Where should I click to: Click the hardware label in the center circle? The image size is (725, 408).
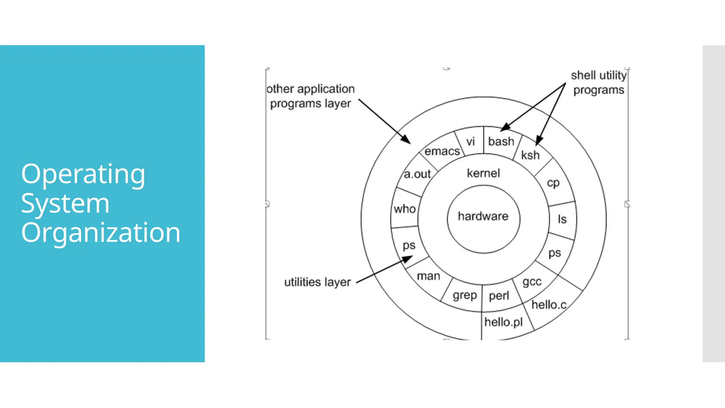click(x=483, y=216)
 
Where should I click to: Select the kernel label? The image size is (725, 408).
click(x=483, y=173)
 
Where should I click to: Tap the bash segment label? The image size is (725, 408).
click(x=501, y=141)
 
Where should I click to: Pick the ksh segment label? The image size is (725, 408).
click(x=530, y=155)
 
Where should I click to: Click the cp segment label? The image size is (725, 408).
click(x=553, y=183)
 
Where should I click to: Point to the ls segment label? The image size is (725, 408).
click(x=562, y=219)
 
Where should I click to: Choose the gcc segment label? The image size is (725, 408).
click(x=532, y=282)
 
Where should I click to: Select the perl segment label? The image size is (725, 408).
click(x=499, y=296)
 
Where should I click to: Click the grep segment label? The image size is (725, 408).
click(x=464, y=295)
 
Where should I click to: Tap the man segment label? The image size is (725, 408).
click(x=428, y=276)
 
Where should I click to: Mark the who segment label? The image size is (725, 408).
click(x=405, y=209)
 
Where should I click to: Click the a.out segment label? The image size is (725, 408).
click(x=417, y=174)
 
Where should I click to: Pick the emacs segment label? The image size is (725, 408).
click(x=442, y=151)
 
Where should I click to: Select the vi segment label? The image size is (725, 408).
click(x=470, y=142)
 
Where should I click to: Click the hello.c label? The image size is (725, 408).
click(x=549, y=305)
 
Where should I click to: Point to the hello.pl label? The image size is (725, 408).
click(x=503, y=322)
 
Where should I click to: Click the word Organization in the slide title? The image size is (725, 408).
click(x=101, y=233)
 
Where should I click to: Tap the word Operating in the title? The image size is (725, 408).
click(x=83, y=174)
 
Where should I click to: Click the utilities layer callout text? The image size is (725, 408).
click(x=317, y=282)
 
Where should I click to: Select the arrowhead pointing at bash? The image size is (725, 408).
click(x=506, y=127)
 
